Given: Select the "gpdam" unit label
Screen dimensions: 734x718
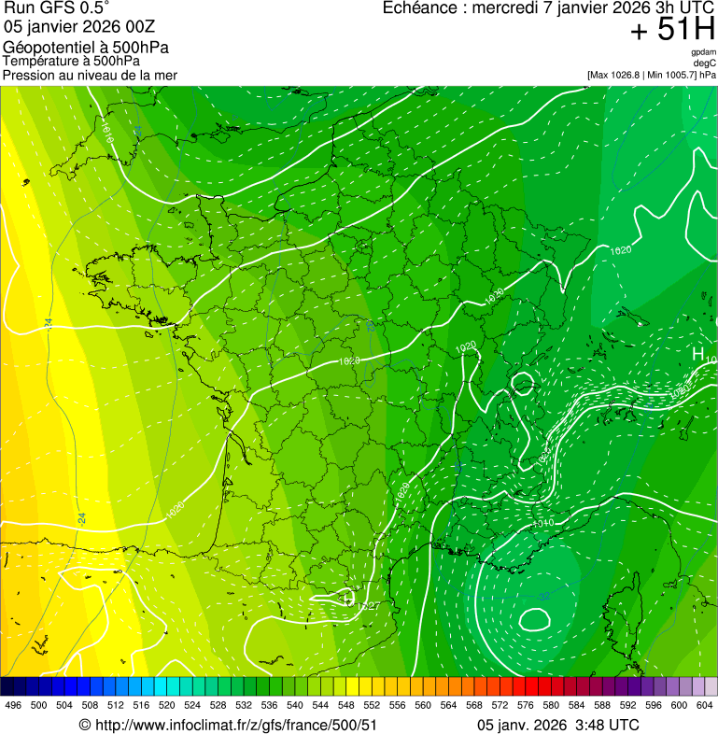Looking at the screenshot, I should (703, 52).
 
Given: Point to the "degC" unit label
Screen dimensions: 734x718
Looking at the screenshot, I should (705, 63).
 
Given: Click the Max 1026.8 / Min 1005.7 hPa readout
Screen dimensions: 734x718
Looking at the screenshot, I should (652, 74).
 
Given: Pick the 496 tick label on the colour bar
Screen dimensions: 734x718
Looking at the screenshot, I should (13, 705).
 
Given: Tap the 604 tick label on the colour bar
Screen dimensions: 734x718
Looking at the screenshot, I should (704, 705).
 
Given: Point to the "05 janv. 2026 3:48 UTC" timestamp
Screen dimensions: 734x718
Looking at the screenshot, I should (557, 725).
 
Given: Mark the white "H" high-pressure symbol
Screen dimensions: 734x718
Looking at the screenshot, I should (697, 354).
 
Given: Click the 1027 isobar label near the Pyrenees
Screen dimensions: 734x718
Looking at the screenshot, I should (368, 606).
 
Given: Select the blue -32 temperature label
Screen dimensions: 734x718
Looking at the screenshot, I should (543, 595).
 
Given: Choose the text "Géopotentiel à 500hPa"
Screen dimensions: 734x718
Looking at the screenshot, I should (87, 48).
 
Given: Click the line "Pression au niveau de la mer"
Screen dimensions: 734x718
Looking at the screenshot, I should (90, 75).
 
